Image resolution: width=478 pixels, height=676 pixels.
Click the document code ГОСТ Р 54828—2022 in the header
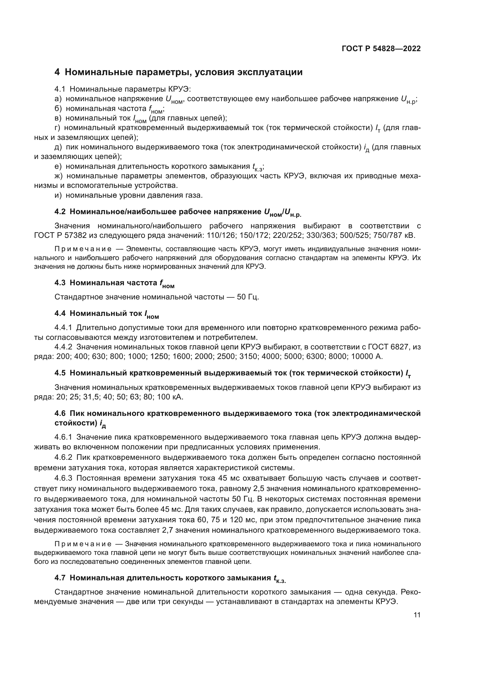click(x=381, y=49)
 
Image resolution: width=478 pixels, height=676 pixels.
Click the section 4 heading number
click(x=57, y=72)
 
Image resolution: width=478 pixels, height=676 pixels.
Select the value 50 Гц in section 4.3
click(x=248, y=297)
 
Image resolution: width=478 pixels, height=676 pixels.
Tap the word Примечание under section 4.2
click(x=83, y=249)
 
